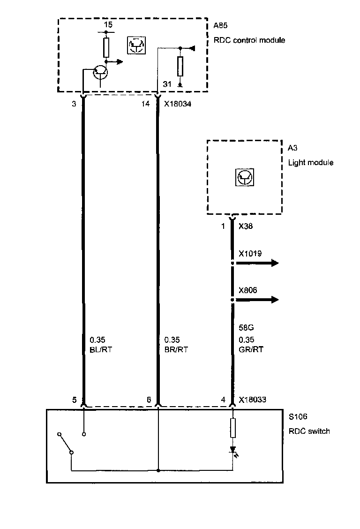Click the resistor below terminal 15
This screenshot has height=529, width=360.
pos(106,47)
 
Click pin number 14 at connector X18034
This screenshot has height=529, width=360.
pos(146,104)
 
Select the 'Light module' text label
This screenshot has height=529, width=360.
pos(310,163)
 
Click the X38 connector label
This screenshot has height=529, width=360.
pos(247,226)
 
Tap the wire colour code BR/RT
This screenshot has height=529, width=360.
pos(176,349)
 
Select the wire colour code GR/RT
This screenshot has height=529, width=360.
pos(251,349)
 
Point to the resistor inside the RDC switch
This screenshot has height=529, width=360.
pos(233,428)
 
